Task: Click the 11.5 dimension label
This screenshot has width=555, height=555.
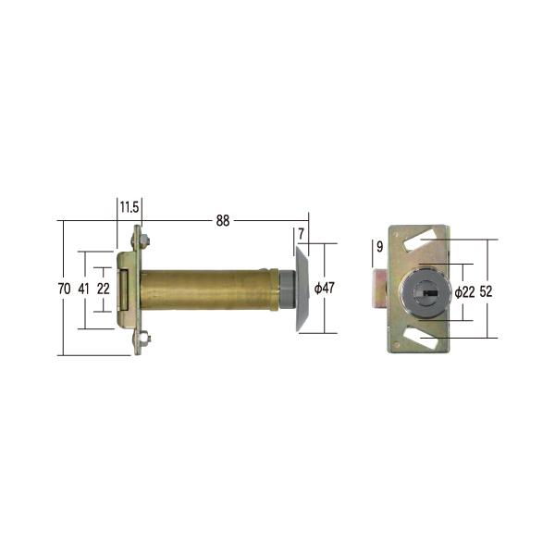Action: click(x=129, y=207)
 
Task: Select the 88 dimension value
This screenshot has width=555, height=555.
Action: click(x=223, y=221)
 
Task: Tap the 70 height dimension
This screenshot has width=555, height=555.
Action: click(x=64, y=289)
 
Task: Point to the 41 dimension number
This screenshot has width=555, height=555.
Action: click(x=83, y=289)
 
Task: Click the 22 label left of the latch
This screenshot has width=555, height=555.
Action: click(x=103, y=289)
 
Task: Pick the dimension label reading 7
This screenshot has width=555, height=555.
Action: click(x=301, y=234)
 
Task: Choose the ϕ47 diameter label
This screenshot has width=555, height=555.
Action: click(x=325, y=288)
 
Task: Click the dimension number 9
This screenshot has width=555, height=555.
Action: click(x=379, y=247)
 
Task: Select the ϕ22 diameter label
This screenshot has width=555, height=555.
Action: click(x=464, y=292)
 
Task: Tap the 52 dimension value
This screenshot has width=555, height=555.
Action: click(x=486, y=291)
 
